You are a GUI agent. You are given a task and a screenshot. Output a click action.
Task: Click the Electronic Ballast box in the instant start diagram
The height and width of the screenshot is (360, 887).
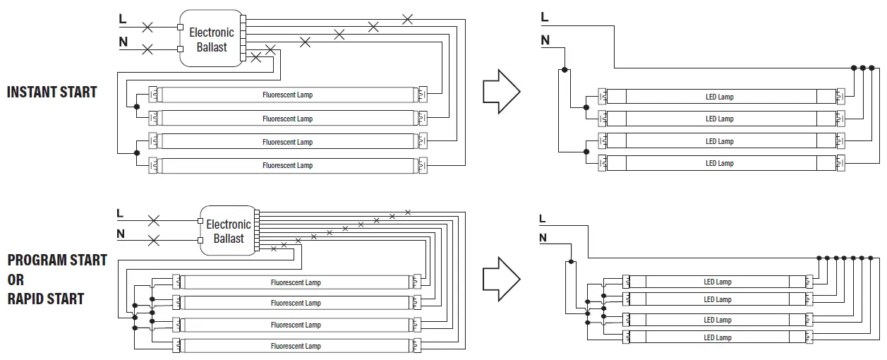click(212, 40)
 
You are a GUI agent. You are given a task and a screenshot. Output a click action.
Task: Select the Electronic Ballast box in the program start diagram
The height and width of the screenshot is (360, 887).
click(229, 232)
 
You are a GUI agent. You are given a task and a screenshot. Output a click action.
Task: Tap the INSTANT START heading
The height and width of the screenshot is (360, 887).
click(52, 92)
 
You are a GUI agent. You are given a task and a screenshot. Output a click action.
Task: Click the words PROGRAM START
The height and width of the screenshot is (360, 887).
click(56, 260)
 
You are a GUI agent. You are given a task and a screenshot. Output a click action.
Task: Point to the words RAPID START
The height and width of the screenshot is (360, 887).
click(45, 299)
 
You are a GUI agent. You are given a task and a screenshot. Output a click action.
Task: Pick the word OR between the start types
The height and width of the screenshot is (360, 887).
click(16, 280)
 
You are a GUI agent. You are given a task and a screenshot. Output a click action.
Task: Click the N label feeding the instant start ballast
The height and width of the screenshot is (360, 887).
click(123, 42)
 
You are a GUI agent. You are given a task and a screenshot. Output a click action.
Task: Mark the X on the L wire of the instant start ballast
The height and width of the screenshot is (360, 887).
click(147, 28)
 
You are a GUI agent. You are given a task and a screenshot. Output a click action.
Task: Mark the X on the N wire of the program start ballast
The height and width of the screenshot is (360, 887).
click(153, 241)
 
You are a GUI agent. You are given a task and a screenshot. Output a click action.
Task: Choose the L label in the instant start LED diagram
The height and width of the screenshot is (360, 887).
click(544, 17)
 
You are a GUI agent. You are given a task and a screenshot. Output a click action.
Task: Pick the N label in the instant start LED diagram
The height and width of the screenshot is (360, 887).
click(545, 40)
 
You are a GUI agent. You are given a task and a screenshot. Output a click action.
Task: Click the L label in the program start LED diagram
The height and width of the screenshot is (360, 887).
click(542, 219)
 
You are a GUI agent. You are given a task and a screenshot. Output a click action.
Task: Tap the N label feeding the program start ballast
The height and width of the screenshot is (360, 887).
click(120, 234)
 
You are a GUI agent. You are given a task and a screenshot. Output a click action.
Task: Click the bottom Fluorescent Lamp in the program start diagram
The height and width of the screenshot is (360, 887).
click(296, 346)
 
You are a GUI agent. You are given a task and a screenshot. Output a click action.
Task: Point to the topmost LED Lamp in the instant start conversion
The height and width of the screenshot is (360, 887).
click(720, 97)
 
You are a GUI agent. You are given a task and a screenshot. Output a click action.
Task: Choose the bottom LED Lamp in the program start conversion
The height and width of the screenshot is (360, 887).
click(718, 337)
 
